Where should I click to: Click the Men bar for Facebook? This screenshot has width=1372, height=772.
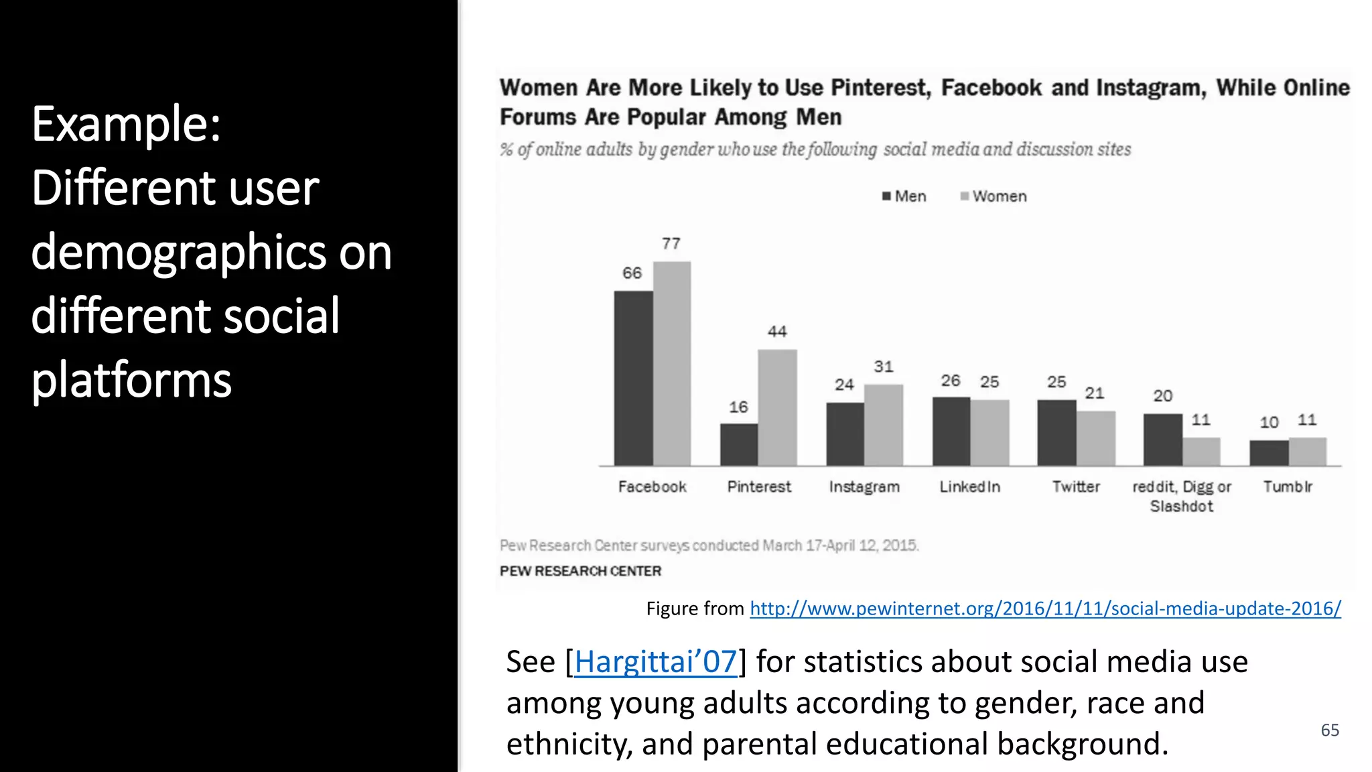(x=633, y=378)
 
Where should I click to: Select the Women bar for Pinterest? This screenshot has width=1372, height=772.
(x=777, y=407)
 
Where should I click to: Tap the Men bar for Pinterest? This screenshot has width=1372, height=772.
(x=739, y=444)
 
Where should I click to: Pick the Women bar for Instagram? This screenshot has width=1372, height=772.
(x=884, y=425)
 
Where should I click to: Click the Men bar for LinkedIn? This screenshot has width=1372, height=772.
(x=951, y=431)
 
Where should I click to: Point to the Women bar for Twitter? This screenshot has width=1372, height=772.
(x=1096, y=438)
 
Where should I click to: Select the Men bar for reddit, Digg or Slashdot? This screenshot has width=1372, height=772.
(x=1162, y=440)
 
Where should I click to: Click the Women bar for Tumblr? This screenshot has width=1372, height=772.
(x=1307, y=452)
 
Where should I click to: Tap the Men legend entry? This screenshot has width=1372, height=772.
(x=904, y=196)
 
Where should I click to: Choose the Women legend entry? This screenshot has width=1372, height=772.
(x=993, y=196)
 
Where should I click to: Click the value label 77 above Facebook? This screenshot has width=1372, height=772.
(x=671, y=244)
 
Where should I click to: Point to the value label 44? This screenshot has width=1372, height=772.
(x=777, y=332)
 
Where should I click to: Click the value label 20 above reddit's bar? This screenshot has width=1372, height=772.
(x=1162, y=396)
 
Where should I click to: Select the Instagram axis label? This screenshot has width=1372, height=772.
(x=864, y=487)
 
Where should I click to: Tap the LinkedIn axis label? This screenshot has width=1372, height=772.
(x=969, y=487)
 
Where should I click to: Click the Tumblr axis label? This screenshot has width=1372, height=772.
(x=1288, y=487)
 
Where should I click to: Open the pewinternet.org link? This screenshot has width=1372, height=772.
(x=1045, y=608)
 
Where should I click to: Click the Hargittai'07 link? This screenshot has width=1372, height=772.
(x=655, y=662)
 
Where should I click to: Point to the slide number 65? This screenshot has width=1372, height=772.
(x=1330, y=730)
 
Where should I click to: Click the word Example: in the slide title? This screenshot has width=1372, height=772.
(x=126, y=125)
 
